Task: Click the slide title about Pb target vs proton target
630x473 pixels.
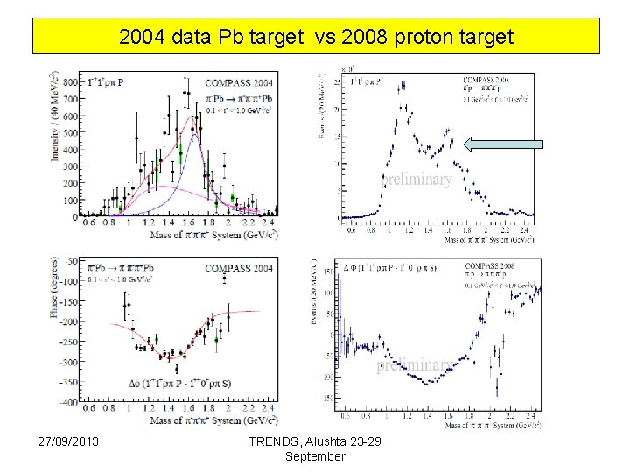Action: click(x=316, y=38)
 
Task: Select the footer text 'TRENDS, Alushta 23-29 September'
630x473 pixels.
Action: click(x=315, y=449)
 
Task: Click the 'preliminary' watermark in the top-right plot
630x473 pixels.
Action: click(x=416, y=180)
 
